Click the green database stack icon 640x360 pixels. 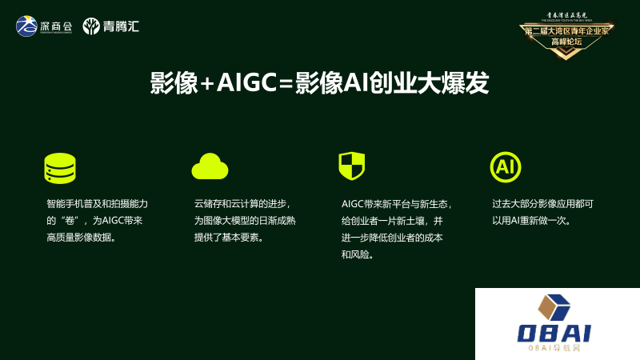point(60,168)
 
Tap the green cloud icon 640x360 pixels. point(210,166)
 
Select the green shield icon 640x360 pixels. point(351,166)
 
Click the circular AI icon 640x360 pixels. point(505,166)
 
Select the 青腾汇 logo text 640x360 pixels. point(121,26)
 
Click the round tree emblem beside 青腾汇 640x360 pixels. point(92,26)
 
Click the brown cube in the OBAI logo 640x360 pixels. point(553,308)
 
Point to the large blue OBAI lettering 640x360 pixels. point(554,333)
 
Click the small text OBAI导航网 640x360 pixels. point(554,349)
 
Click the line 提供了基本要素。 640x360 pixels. point(229,238)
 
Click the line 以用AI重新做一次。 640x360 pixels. point(531,221)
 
